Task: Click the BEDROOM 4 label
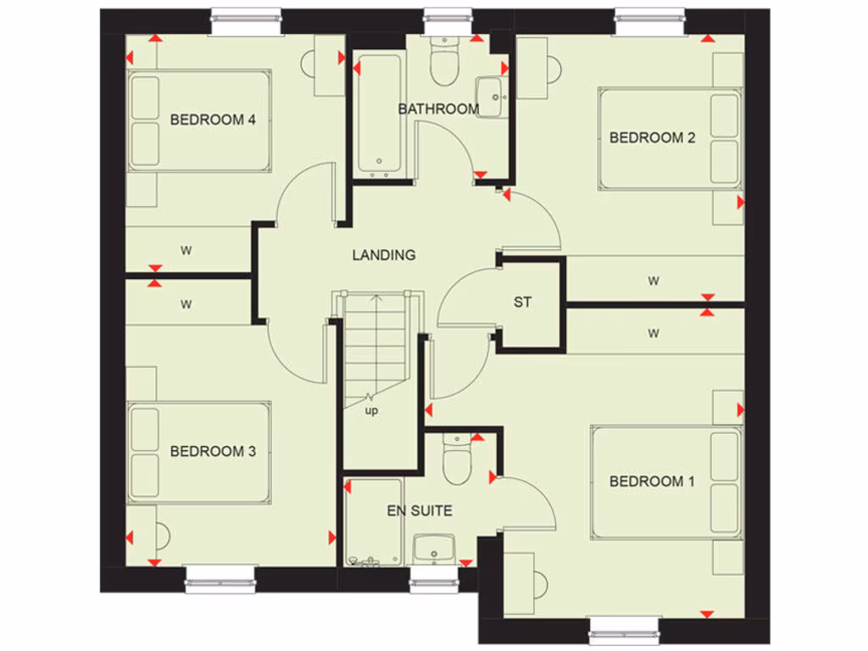click(x=213, y=120)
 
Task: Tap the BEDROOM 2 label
click(x=652, y=137)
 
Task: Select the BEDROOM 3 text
click(x=213, y=451)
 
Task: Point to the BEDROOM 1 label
click(x=652, y=481)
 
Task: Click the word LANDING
click(x=384, y=254)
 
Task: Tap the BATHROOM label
click(x=438, y=108)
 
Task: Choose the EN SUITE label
click(x=419, y=511)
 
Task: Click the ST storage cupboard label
click(x=523, y=302)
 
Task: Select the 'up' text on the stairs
click(x=371, y=411)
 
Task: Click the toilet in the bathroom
click(x=443, y=63)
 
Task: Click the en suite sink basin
click(x=434, y=548)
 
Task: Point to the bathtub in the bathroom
click(x=377, y=114)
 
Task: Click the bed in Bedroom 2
click(x=670, y=138)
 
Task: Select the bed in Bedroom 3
click(x=200, y=452)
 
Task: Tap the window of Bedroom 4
click(x=246, y=23)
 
